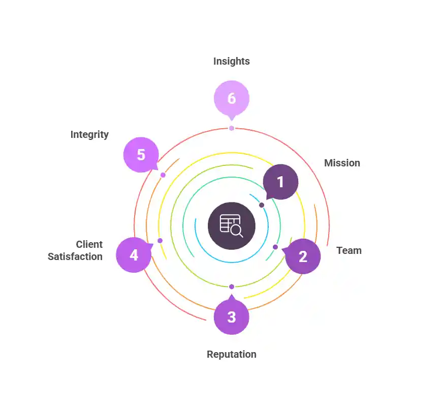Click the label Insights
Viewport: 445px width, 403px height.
pyautogui.click(x=231, y=62)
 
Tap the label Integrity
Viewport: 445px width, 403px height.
pyautogui.click(x=89, y=135)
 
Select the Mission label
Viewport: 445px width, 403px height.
pyautogui.click(x=342, y=163)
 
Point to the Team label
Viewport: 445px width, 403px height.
pyautogui.click(x=349, y=251)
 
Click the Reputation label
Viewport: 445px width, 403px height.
pyautogui.click(x=231, y=355)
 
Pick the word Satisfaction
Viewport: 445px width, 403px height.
pyautogui.click(x=75, y=256)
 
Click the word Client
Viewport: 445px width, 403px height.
pyautogui.click(x=89, y=244)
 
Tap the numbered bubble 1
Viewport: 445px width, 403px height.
pyautogui.click(x=280, y=182)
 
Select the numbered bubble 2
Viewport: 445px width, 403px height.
pyautogui.click(x=303, y=256)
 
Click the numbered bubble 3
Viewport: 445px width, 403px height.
pyautogui.click(x=231, y=316)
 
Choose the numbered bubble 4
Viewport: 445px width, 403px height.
pyautogui.click(x=134, y=255)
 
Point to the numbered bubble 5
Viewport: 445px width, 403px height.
pyautogui.click(x=141, y=155)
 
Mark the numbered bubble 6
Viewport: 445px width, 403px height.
pyautogui.click(x=232, y=99)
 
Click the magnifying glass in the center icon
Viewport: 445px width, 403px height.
pyautogui.click(x=236, y=231)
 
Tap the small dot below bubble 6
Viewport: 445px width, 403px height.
pyautogui.click(x=232, y=128)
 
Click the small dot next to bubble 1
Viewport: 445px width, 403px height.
pyautogui.click(x=262, y=205)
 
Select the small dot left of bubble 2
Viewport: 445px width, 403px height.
pyautogui.click(x=275, y=247)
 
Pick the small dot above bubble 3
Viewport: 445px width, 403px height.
pyautogui.click(x=232, y=287)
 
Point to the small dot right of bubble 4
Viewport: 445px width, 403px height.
pyautogui.click(x=160, y=241)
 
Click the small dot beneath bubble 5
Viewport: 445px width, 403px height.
pyautogui.click(x=163, y=175)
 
